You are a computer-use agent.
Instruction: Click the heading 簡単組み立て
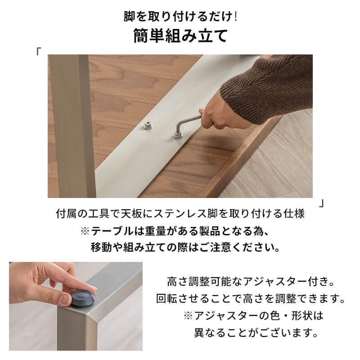click(x=180, y=36)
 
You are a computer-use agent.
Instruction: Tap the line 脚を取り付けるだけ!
click(x=180, y=17)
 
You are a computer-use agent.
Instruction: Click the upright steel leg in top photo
click(x=72, y=121)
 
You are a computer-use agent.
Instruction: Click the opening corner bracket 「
click(x=40, y=50)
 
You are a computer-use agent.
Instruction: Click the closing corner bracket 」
click(x=321, y=203)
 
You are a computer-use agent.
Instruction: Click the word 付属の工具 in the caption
click(x=76, y=214)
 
